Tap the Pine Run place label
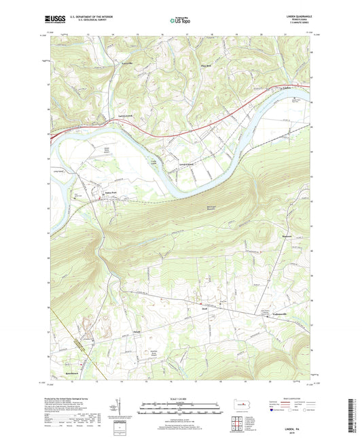207,66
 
